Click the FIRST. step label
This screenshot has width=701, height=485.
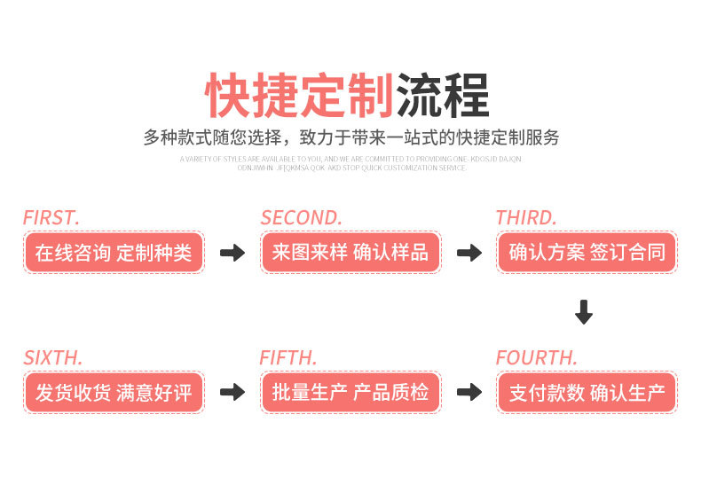click(51, 217)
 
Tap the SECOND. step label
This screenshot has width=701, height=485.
click(301, 217)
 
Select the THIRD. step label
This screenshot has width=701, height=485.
click(526, 217)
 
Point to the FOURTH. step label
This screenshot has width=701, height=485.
click(536, 358)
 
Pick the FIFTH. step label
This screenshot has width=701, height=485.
click(288, 358)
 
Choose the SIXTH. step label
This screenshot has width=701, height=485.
click(53, 358)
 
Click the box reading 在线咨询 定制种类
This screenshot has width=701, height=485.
click(114, 252)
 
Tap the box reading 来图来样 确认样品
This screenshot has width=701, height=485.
click(350, 252)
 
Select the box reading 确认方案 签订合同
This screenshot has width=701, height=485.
click(587, 252)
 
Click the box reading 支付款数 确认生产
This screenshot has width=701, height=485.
click(587, 393)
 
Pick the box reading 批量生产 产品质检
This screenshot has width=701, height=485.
click(350, 393)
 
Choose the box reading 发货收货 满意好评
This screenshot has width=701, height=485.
click(114, 393)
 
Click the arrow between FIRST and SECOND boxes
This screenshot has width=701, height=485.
click(232, 253)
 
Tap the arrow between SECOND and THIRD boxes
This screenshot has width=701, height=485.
click(469, 253)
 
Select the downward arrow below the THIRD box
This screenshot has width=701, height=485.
click(583, 312)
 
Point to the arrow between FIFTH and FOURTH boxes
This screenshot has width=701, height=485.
click(469, 393)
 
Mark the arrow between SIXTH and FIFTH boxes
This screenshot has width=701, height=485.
click(232, 393)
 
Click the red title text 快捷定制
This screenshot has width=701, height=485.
click(300, 95)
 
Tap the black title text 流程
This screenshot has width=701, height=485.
click(443, 95)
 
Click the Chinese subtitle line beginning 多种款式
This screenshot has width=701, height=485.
click(351, 138)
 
